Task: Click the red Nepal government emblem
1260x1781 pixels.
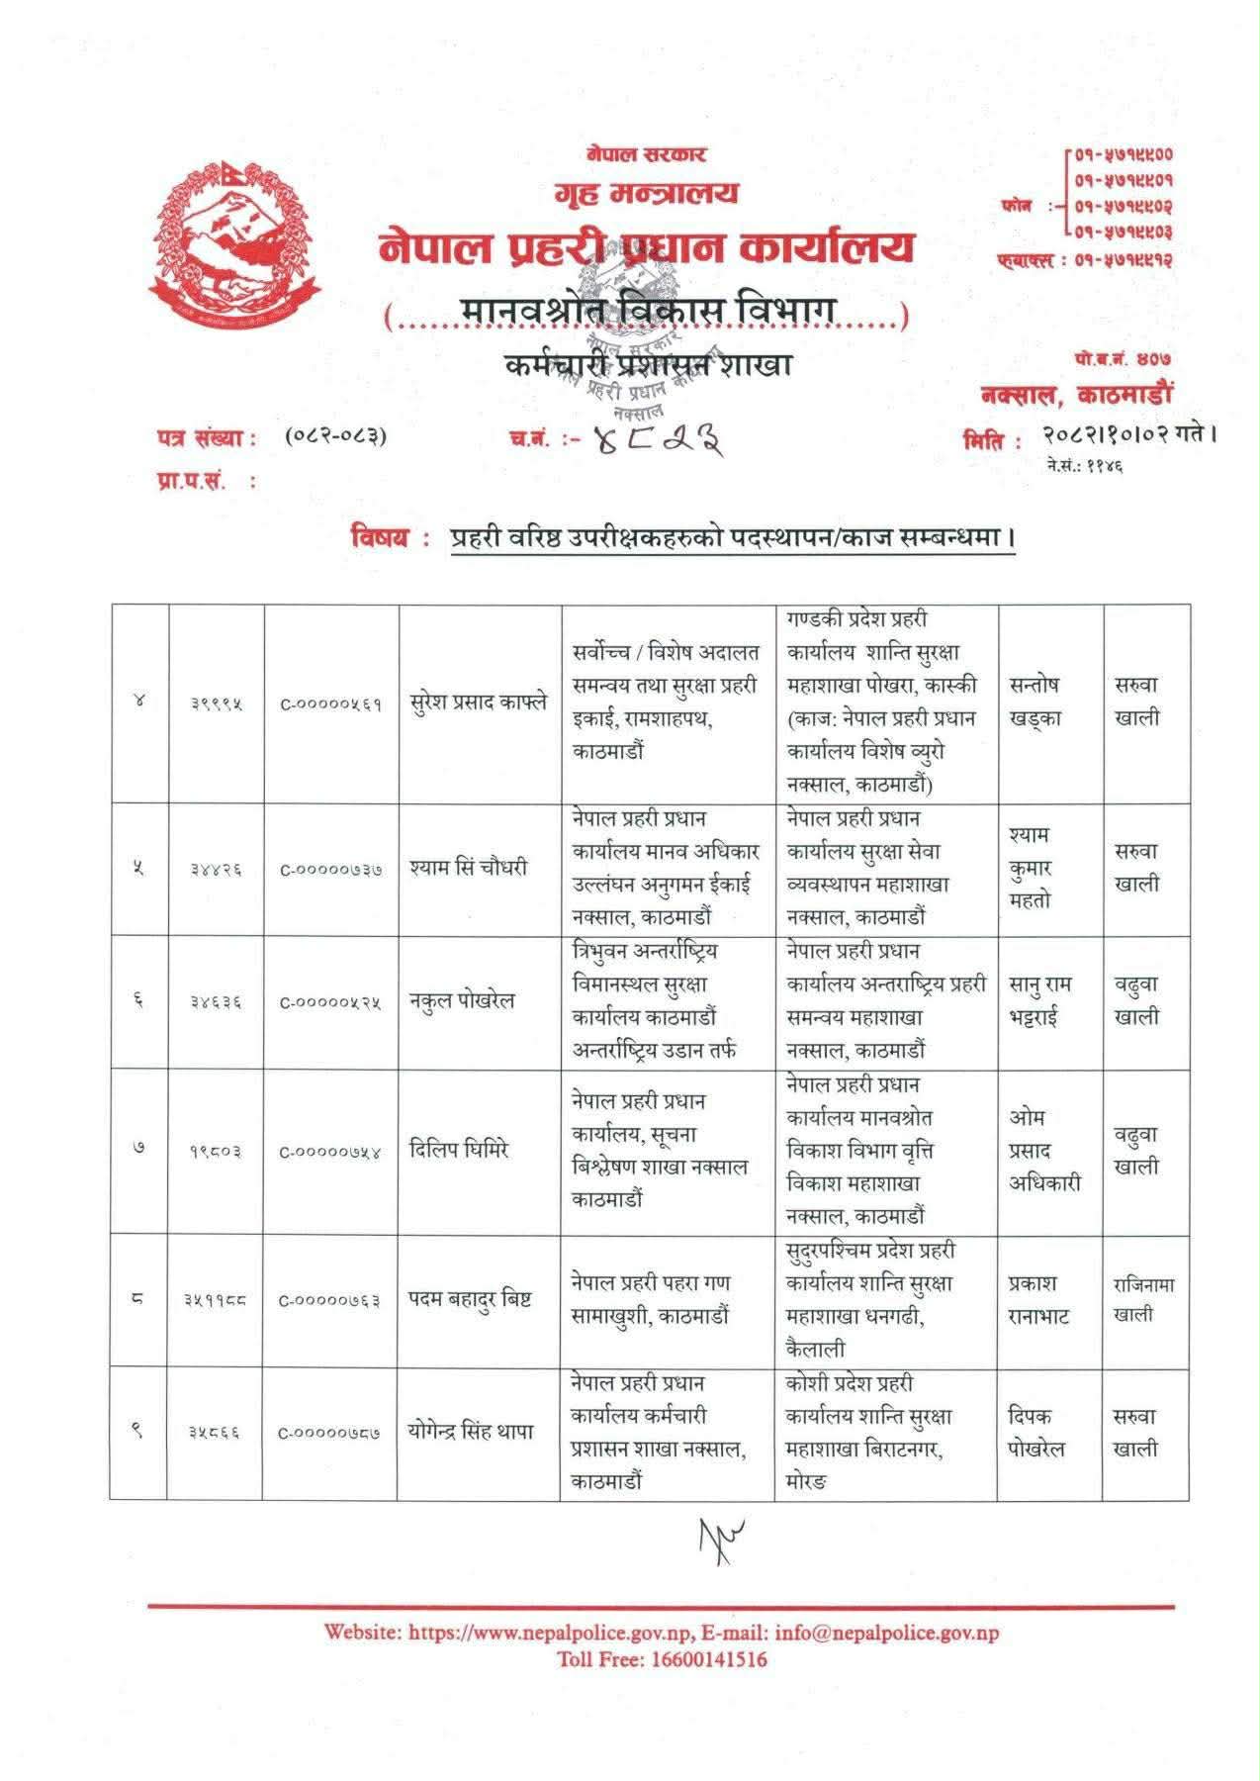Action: click(x=236, y=239)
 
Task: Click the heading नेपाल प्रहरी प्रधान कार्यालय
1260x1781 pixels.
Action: click(x=647, y=247)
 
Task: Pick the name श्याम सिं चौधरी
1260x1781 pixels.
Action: click(x=469, y=868)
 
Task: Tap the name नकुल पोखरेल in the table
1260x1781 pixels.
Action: click(x=463, y=1000)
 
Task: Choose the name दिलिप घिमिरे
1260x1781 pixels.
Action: click(x=459, y=1150)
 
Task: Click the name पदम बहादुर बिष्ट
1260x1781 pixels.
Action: click(x=471, y=1299)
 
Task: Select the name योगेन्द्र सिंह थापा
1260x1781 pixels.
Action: click(x=472, y=1432)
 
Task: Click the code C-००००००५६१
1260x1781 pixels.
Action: click(x=330, y=704)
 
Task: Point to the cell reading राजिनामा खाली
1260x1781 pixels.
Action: click(x=1144, y=1299)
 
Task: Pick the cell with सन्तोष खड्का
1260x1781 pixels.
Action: click(x=1035, y=702)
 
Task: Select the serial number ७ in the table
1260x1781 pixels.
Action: click(x=138, y=1150)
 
